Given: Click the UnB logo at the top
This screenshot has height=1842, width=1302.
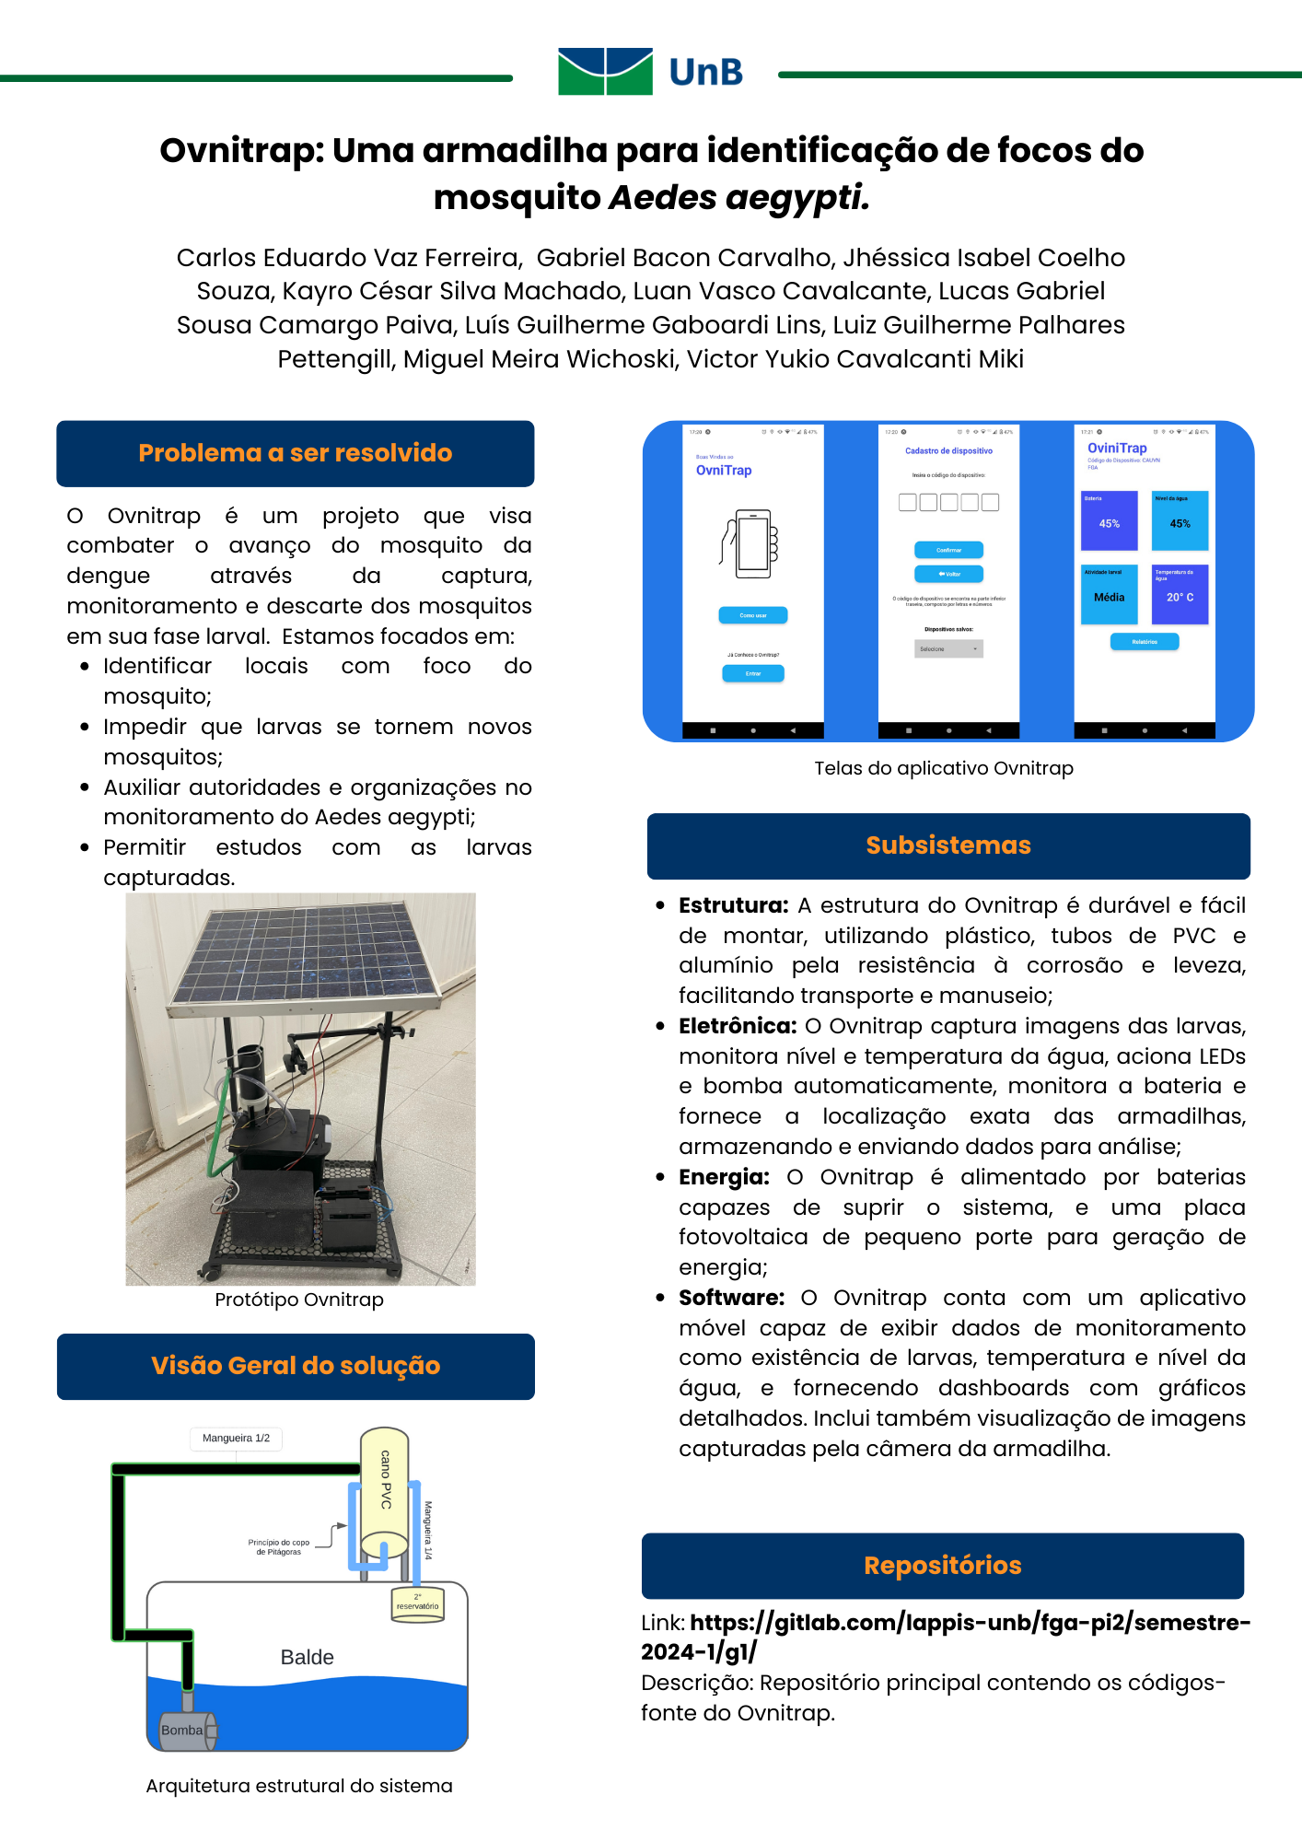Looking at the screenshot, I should tap(650, 72).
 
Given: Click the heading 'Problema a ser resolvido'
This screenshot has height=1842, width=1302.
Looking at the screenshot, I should tap(296, 453).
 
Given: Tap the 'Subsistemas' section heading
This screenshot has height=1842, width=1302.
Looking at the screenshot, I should tap(948, 845).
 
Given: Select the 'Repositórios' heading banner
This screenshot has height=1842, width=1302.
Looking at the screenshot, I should tap(943, 1566).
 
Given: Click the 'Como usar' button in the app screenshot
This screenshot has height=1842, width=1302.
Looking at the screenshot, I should tap(753, 615).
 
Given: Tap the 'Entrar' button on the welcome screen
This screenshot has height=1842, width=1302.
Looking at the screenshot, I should tap(753, 673).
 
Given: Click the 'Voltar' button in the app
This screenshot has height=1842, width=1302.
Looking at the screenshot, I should tap(948, 574).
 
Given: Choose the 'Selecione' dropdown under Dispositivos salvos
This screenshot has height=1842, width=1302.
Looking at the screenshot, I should tap(949, 649).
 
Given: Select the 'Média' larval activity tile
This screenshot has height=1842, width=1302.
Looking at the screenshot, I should tap(1110, 595).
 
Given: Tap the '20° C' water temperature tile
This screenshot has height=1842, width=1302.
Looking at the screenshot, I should tap(1180, 595).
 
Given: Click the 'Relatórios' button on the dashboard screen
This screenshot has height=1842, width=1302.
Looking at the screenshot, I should tap(1145, 642).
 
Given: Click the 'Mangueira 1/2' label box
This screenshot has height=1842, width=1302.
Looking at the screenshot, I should tap(237, 1439).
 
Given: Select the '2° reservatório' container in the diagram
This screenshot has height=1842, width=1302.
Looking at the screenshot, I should tap(418, 1604).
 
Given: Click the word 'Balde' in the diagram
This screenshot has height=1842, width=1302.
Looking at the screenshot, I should tap(308, 1658).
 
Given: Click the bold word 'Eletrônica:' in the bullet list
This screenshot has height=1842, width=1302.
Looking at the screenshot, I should tap(738, 1026).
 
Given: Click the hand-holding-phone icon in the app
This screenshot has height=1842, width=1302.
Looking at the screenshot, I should tap(750, 543).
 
